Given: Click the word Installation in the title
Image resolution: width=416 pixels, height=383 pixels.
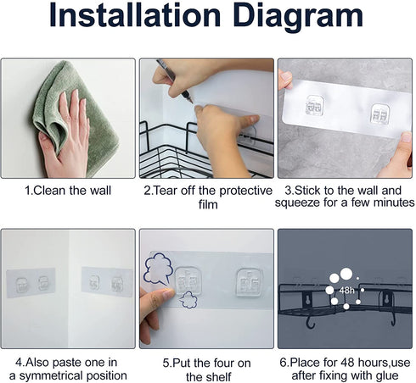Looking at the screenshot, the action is tap(135, 15).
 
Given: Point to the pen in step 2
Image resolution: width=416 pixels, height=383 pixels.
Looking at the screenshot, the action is tap(175, 81).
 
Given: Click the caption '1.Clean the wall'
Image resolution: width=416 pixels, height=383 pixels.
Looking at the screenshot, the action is tap(68, 191).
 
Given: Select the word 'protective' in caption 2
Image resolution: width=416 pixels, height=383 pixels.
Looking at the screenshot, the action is tap(245, 191).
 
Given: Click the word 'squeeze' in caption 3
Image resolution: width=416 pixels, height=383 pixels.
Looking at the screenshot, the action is tap(297, 203).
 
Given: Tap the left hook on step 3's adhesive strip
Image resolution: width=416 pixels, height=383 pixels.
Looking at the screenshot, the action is tap(315, 106).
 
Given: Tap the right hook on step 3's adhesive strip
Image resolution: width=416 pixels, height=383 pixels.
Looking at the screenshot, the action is tap(380, 114).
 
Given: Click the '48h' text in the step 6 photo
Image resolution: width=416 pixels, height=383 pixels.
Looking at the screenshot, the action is tap(346, 290).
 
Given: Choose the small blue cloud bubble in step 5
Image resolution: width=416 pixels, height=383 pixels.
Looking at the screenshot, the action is tap(188, 300).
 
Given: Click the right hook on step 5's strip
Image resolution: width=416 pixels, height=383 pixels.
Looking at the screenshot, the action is tap(250, 283).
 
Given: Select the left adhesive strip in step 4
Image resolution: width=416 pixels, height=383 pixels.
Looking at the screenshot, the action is tap(31, 282).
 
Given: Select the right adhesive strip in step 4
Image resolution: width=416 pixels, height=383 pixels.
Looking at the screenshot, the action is tap(107, 281).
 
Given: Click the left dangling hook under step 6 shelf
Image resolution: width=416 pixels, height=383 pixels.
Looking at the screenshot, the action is tap(311, 323).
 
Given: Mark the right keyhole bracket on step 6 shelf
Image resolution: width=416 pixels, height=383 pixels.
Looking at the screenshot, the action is tap(388, 299).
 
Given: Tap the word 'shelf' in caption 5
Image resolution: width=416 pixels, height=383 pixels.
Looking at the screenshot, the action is tap(220, 377).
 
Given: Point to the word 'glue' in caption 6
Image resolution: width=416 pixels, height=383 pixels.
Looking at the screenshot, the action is tap(387, 376).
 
